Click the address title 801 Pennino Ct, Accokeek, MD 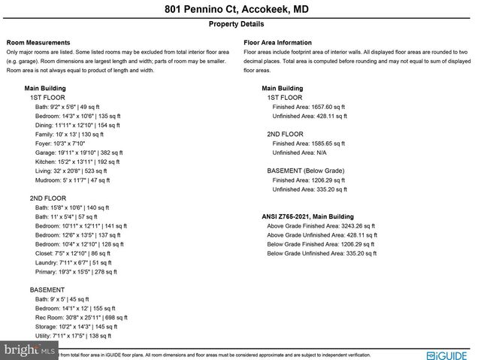pos(240,10)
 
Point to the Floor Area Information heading pos(278,43)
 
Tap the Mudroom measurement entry pos(73,180)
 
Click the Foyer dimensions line pos(60,143)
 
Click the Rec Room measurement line pos(81,318)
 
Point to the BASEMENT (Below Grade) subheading pos(306,171)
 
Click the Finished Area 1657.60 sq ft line pos(309,107)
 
